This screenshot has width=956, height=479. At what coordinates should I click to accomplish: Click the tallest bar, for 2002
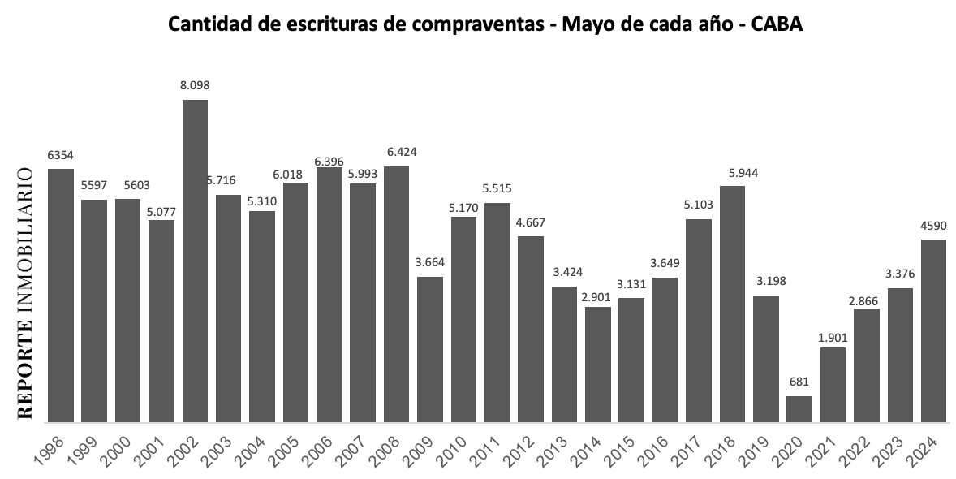195,260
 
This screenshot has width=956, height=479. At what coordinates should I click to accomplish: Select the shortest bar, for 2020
799,409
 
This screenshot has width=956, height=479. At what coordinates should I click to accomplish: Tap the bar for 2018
732,304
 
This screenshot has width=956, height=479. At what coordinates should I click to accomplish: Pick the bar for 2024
933,330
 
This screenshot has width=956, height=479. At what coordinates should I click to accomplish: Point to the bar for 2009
430,349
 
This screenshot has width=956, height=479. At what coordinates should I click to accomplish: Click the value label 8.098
195,85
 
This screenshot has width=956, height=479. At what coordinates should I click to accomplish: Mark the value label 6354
61,154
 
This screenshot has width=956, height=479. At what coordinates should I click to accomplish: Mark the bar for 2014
597,365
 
